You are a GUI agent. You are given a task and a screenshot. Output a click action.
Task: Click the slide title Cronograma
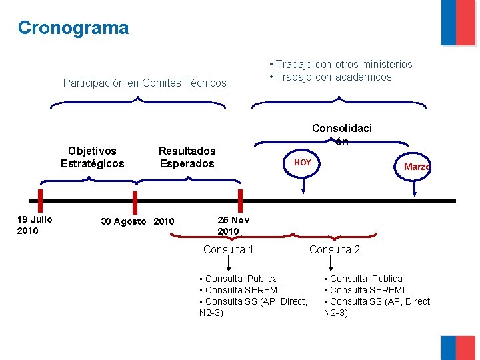tap(73, 28)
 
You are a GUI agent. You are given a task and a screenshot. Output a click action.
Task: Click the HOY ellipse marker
tap(303, 163)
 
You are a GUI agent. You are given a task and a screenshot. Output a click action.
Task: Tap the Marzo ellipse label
tap(417, 167)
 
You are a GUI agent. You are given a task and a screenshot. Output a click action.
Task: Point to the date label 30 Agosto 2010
tap(137, 221)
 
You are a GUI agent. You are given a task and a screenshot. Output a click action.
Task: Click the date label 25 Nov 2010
tap(233, 225)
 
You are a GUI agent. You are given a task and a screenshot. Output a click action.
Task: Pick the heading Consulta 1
tap(228, 249)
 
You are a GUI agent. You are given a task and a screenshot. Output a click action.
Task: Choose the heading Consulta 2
tap(335, 249)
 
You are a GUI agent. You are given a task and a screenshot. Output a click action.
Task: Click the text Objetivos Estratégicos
tap(92, 157)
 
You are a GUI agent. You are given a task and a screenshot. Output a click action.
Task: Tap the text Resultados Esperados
tap(187, 157)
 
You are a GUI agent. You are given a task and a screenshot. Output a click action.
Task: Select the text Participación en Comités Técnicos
tap(145, 83)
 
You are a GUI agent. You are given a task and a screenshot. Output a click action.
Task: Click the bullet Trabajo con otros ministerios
tap(341, 65)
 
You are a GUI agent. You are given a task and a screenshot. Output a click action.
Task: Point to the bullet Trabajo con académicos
tap(330, 77)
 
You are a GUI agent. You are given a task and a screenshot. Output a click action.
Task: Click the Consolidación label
tap(342, 134)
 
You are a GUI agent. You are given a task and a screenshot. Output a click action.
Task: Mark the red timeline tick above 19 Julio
tap(41, 200)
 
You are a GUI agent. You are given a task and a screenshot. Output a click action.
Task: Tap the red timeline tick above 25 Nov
tap(240, 200)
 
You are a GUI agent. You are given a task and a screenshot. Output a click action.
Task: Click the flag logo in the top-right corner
tap(458, 23)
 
